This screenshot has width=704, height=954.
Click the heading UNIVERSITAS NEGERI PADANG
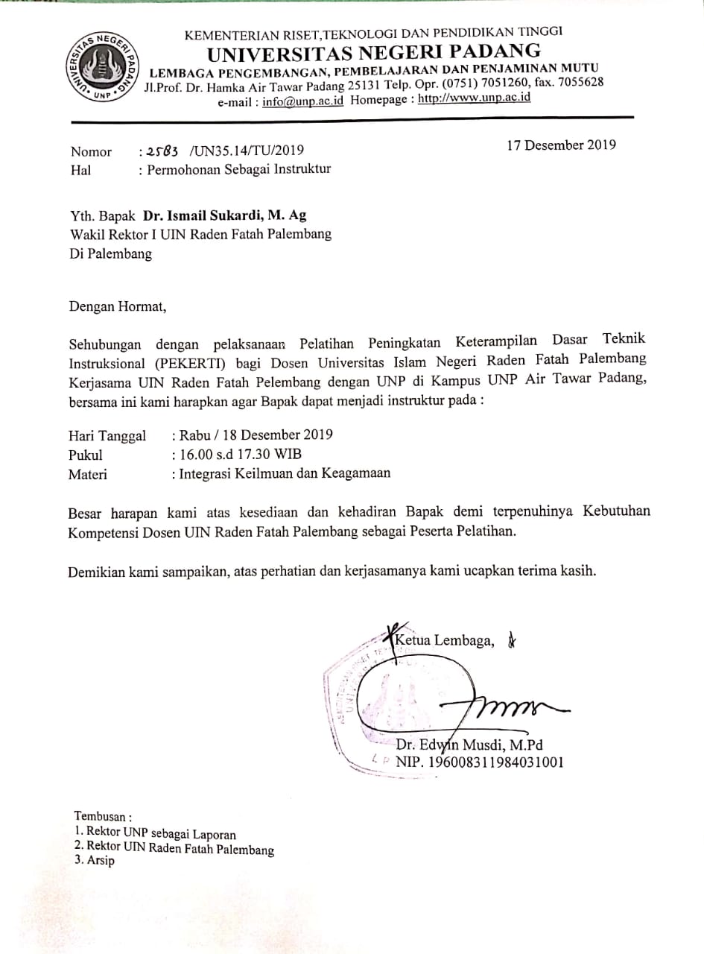tap(374, 51)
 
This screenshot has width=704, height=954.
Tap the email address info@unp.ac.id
tap(303, 101)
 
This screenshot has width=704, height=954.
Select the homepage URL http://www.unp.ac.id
tap(475, 98)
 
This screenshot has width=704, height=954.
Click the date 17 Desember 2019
tap(561, 145)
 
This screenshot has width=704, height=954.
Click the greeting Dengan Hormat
tap(114, 305)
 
